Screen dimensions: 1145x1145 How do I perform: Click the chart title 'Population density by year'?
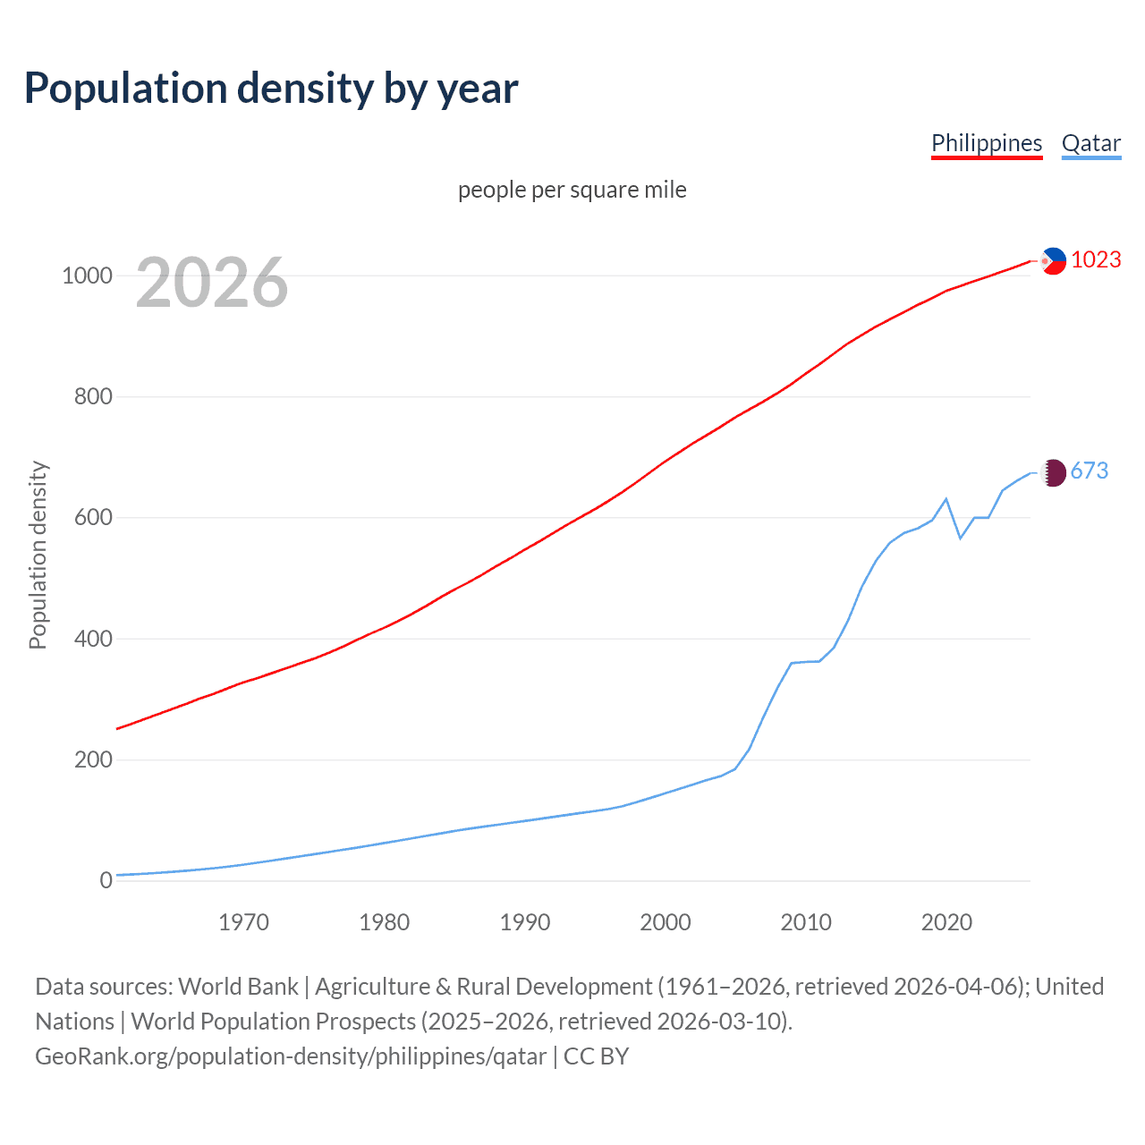271,89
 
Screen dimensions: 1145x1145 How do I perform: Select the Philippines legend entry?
987,143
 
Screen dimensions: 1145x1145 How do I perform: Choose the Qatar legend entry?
1090,143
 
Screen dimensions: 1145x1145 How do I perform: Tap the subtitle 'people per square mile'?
572,190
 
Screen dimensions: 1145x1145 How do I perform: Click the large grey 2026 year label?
212,283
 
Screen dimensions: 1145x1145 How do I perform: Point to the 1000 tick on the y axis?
87,276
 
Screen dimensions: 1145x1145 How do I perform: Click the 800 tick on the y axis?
93,396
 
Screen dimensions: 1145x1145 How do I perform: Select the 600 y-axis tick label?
93,518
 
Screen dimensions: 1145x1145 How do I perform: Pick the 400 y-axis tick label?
93,639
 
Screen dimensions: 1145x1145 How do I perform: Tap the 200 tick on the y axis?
93,759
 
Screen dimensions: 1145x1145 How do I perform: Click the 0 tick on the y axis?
106,880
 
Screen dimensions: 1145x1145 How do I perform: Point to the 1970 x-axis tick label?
243,922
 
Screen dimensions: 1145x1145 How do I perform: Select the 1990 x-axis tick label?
525,922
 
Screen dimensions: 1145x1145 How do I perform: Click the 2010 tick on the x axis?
806,922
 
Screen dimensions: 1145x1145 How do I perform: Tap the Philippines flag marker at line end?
1054,260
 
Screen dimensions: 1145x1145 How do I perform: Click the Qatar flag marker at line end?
1054,472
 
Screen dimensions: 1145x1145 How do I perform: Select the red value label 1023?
1096,259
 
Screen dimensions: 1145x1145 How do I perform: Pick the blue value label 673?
1090,471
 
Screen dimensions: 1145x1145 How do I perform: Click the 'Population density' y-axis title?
38,555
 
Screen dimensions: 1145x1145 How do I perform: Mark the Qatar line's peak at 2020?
946,498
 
